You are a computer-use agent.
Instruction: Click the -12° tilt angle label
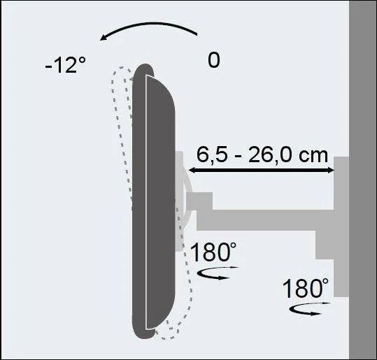[66, 64]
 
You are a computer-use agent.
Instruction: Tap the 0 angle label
[214, 60]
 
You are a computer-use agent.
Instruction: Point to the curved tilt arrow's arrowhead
[104, 37]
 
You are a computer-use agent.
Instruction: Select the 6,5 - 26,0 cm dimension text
[262, 155]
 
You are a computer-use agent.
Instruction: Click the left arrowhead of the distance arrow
[192, 170]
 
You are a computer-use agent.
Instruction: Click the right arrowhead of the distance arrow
[331, 170]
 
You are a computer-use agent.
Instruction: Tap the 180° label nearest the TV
[213, 252]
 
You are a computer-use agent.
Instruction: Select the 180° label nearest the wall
[305, 288]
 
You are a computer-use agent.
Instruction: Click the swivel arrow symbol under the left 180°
[218, 273]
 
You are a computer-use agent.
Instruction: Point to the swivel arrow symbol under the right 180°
[310, 309]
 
